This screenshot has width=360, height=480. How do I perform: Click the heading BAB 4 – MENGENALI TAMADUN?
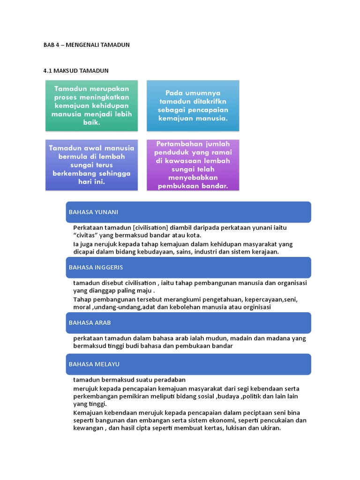[86, 45]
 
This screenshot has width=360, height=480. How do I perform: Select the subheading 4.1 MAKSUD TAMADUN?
[76, 71]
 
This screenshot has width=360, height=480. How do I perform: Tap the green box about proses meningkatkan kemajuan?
[91, 105]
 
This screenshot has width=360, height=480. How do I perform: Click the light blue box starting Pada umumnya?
[193, 105]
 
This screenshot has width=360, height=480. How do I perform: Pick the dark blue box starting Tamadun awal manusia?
[91, 165]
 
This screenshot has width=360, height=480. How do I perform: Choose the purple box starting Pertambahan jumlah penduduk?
[193, 165]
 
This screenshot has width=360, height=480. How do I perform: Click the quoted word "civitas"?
[87, 235]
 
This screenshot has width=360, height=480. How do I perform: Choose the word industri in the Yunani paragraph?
[212, 252]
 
